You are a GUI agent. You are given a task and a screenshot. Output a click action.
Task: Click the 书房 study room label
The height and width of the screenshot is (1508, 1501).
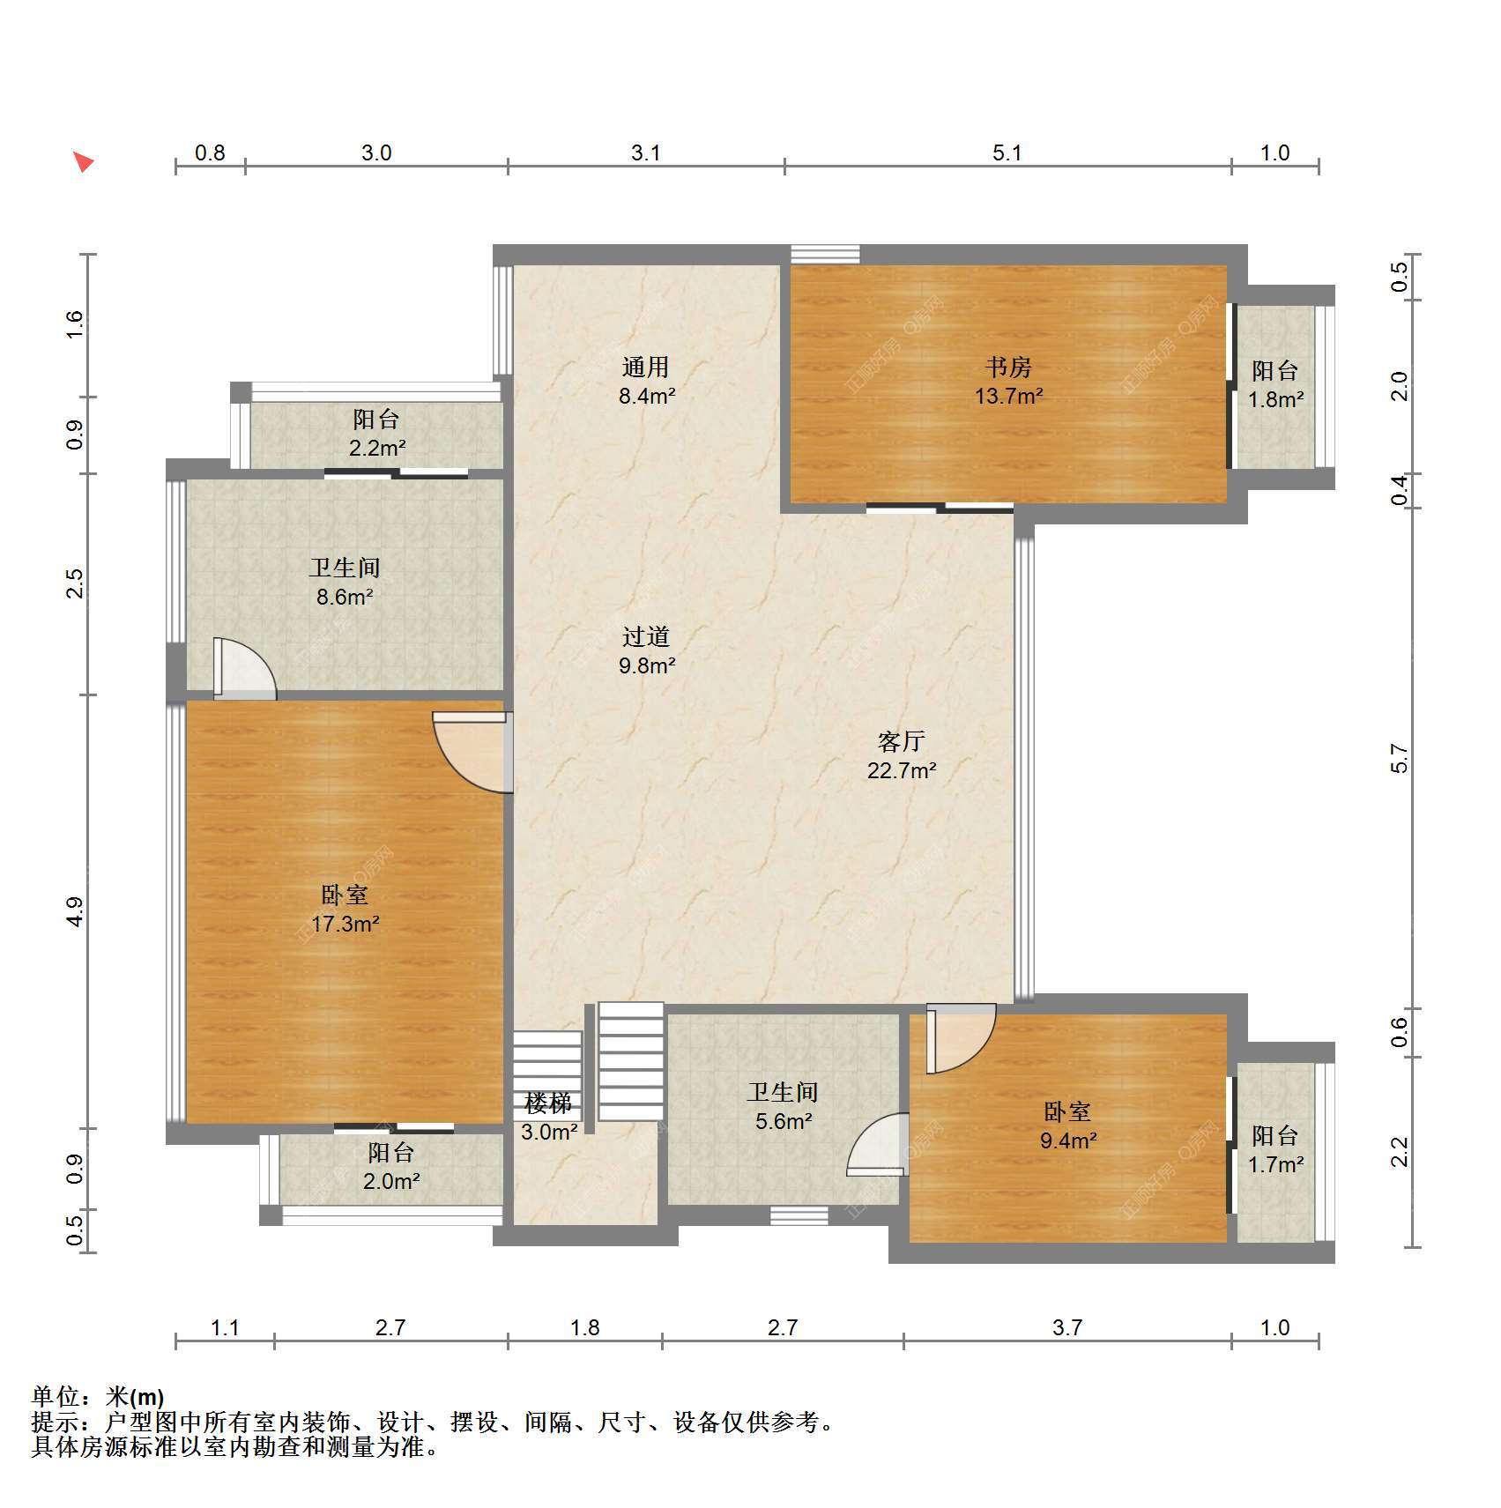[x=1008, y=367]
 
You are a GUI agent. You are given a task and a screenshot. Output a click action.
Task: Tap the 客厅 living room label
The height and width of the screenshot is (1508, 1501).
[x=901, y=741]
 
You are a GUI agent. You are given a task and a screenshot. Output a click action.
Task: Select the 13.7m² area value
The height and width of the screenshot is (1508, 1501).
[x=1008, y=396]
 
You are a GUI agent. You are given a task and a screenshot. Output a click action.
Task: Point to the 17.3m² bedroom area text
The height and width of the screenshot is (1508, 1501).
[x=345, y=924]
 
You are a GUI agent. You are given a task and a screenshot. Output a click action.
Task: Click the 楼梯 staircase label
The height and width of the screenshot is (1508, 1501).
[x=548, y=1103]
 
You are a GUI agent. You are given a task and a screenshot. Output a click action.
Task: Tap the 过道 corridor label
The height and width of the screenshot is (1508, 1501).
[x=646, y=636]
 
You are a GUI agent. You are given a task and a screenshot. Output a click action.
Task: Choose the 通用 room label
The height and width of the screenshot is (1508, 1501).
[x=646, y=367]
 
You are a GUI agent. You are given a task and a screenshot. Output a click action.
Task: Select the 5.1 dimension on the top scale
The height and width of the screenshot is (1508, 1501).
[x=1007, y=153]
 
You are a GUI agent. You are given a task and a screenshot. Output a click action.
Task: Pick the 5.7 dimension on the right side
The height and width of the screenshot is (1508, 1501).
[x=1399, y=758]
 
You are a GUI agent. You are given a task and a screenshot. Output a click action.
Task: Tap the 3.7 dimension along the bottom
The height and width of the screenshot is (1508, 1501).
[x=1066, y=1327]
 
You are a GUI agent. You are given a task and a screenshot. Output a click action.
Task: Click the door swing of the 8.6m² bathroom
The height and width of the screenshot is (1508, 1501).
[x=244, y=668]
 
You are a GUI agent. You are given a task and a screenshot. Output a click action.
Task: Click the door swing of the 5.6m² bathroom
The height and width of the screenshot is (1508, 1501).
[x=877, y=1144]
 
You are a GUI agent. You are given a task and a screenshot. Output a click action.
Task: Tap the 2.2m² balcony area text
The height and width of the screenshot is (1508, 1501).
[x=376, y=448]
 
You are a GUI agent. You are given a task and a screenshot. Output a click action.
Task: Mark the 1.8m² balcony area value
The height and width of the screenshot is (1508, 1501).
[x=1275, y=399]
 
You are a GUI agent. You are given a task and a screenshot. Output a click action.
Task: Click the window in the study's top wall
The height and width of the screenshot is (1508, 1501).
[x=825, y=254]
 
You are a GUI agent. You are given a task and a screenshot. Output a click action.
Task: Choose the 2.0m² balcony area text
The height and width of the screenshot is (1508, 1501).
[x=391, y=1181]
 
